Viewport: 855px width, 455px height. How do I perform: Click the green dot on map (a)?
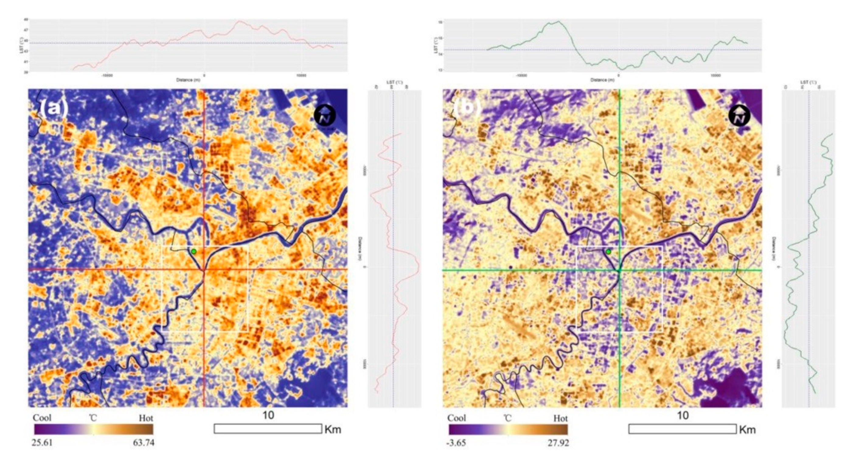click(194, 252)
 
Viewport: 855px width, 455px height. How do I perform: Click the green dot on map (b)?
click(608, 252)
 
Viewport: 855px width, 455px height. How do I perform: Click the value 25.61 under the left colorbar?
click(42, 443)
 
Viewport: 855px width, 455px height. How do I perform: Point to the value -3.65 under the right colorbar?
click(457, 443)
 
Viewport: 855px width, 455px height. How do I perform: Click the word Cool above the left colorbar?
click(42, 418)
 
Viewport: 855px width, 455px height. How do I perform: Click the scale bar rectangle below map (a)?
click(268, 429)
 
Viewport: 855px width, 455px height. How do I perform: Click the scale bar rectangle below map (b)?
click(682, 429)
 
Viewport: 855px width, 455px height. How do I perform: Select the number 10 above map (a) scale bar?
click(268, 415)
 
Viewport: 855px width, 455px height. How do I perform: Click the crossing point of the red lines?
click(204, 270)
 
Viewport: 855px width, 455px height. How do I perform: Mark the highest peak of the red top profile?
click(240, 21)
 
